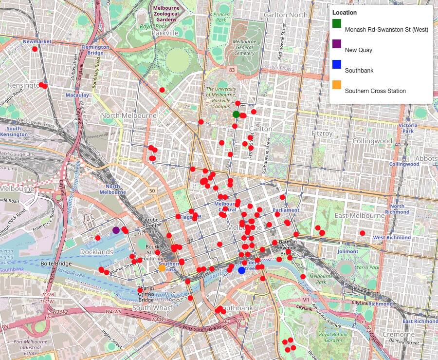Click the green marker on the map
click(x=236, y=114)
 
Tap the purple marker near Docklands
click(x=116, y=230)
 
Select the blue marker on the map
click(x=241, y=270)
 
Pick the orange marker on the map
click(x=162, y=268)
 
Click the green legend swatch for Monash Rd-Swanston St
click(x=337, y=23)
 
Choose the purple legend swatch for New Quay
click(x=337, y=44)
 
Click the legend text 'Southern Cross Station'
click(x=375, y=91)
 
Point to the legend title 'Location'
click(x=345, y=13)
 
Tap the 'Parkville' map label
click(x=165, y=33)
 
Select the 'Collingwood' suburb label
click(x=372, y=141)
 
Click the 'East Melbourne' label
click(x=359, y=215)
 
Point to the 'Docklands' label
click(x=97, y=252)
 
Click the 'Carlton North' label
click(x=285, y=15)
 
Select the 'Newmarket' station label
click(x=36, y=42)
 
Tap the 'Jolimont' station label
click(x=347, y=251)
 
